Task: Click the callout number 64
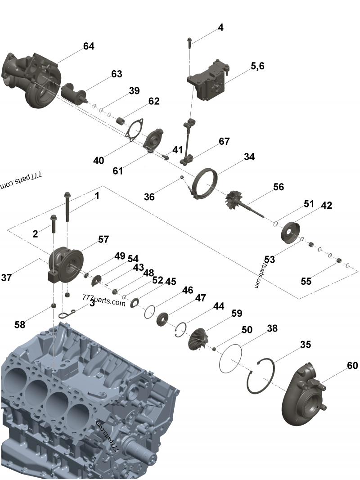(89, 46)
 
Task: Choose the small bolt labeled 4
(189, 42)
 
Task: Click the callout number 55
(306, 281)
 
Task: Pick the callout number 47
(200, 298)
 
